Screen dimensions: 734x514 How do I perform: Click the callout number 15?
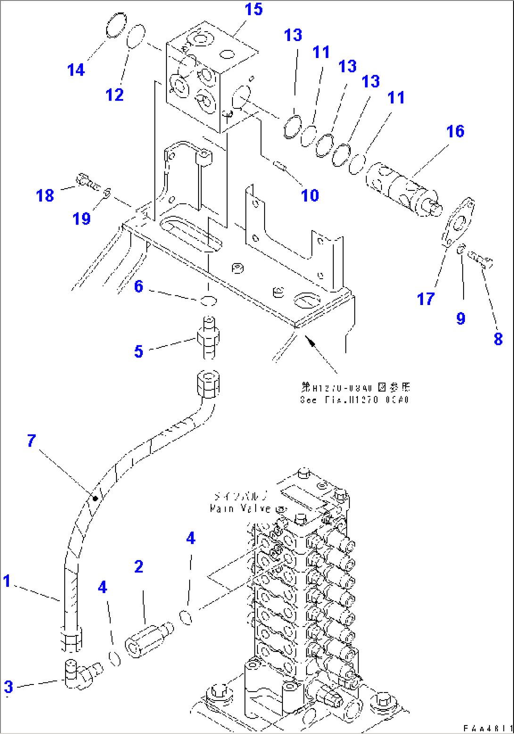coord(253,9)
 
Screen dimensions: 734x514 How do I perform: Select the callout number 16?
coord(455,131)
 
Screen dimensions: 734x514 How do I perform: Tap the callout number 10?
coord(310,195)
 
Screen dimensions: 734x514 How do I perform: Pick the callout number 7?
coord(31,441)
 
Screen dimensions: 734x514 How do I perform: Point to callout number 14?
coord(75,70)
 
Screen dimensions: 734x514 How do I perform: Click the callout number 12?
coord(115,95)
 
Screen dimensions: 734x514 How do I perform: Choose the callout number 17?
coord(425,298)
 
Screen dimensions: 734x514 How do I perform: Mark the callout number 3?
coord(8,687)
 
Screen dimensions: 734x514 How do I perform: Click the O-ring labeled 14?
coord(116,25)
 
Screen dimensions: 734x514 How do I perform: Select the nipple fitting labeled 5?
coord(208,338)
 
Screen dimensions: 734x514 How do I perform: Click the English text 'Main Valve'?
coord(240,509)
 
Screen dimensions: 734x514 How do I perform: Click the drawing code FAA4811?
coord(487,728)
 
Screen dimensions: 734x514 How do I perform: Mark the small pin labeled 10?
coord(280,166)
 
